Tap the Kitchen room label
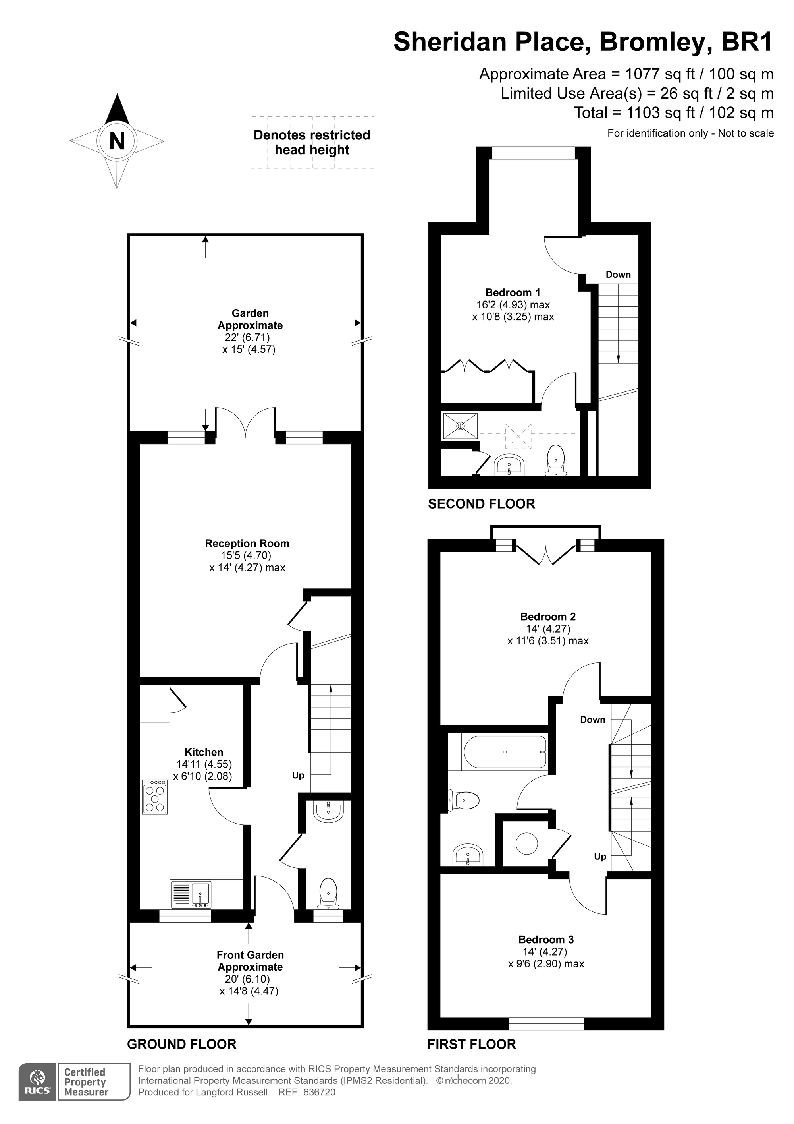click(204, 752)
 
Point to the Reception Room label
click(247, 544)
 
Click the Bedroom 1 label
click(513, 293)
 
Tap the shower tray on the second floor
click(461, 426)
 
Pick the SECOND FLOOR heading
click(482, 504)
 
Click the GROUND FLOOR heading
click(181, 1044)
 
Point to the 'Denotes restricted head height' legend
click(312, 143)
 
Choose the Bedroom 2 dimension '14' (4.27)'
click(548, 629)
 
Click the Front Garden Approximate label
click(250, 961)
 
